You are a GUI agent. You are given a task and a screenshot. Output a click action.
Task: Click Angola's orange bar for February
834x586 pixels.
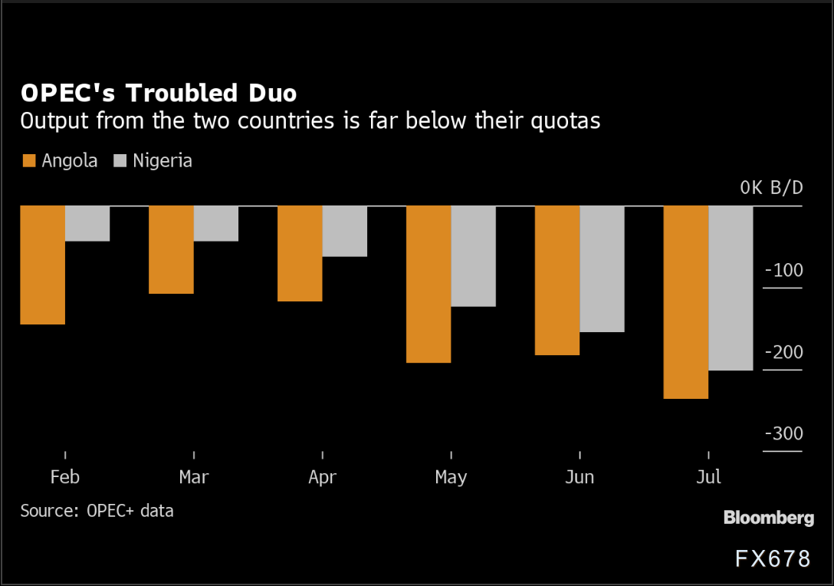(x=42, y=265)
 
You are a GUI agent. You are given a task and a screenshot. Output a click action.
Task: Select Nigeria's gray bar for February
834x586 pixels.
(x=87, y=223)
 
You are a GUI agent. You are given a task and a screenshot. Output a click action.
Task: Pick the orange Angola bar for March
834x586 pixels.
(x=171, y=249)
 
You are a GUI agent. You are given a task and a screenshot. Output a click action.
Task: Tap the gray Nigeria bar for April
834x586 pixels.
(x=345, y=231)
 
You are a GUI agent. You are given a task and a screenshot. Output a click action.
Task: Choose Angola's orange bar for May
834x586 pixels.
(x=428, y=284)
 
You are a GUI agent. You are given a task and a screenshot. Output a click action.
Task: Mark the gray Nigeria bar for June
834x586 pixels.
(x=603, y=268)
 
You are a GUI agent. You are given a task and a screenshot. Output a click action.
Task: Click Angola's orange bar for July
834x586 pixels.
(x=686, y=302)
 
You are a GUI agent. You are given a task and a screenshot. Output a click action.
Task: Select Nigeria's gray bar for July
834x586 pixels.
(x=731, y=288)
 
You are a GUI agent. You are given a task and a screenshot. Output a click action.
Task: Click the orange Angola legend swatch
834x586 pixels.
(x=29, y=161)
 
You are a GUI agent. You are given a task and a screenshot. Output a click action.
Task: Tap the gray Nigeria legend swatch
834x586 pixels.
(x=120, y=161)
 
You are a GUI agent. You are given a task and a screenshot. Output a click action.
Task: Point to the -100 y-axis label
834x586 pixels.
(x=783, y=271)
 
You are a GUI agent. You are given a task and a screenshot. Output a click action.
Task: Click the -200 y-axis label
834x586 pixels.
(x=783, y=353)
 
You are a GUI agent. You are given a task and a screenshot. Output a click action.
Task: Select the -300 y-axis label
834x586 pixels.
(x=783, y=434)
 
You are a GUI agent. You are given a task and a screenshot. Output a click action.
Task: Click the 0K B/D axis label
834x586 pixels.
(x=771, y=188)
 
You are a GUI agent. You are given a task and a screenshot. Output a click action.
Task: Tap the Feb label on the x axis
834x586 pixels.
(x=65, y=477)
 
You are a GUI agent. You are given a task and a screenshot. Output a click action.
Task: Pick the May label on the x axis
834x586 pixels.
(x=451, y=477)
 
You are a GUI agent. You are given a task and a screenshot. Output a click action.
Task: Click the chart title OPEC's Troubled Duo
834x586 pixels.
(x=159, y=93)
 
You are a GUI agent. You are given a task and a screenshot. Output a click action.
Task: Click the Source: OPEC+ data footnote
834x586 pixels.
(x=97, y=511)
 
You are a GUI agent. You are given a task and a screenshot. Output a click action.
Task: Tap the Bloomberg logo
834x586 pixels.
(x=768, y=519)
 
